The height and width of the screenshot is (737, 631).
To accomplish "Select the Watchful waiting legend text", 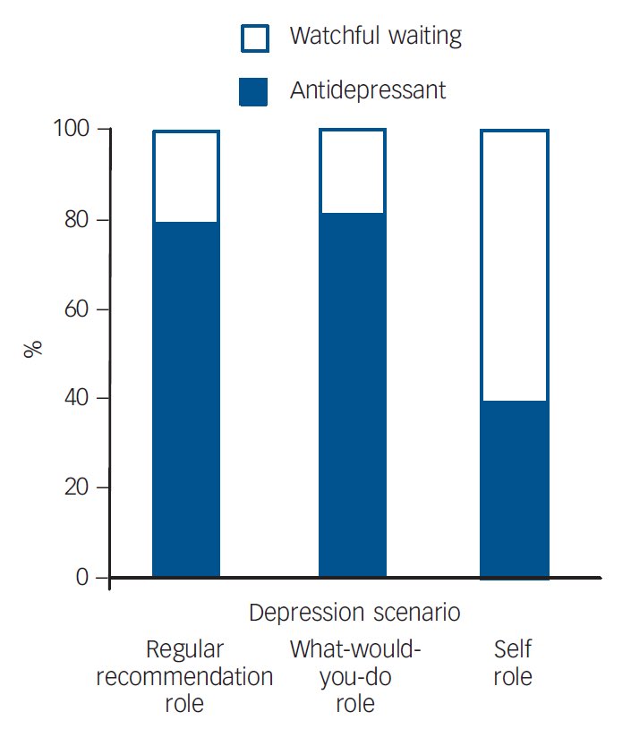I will click(375, 37).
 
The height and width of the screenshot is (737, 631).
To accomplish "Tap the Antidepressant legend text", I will click(367, 90).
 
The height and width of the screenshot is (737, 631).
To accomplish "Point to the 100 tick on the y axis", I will click(72, 130).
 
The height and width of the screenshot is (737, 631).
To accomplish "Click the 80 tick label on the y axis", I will click(77, 220).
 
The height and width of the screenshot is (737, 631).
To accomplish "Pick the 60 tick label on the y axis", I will click(77, 309).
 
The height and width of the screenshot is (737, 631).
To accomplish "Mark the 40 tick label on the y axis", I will click(77, 398).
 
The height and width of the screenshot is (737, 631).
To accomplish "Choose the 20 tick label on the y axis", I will click(77, 487).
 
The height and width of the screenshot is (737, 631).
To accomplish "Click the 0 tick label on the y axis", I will click(83, 577).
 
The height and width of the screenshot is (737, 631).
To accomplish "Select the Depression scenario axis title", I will click(354, 613).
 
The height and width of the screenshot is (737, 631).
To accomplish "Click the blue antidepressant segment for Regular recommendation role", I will click(186, 399).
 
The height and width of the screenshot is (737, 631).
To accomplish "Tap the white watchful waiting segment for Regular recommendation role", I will click(186, 177).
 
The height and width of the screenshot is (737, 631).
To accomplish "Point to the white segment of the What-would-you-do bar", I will click(353, 172).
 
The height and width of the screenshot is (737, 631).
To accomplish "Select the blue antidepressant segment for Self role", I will click(515, 488).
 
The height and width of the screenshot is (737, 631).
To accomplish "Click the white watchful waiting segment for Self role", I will click(515, 266).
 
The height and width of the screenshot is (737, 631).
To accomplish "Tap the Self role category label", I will click(512, 663).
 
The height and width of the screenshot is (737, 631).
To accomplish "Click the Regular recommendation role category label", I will click(184, 676).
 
